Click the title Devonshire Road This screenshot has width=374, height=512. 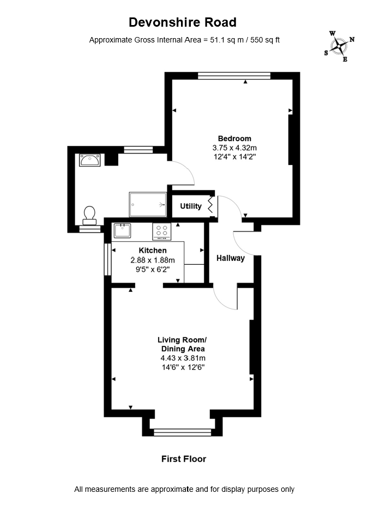click(x=183, y=22)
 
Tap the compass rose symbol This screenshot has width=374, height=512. click(x=339, y=46)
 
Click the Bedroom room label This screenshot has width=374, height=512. click(x=234, y=138)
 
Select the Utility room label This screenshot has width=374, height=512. click(x=191, y=206)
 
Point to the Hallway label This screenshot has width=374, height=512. click(x=231, y=258)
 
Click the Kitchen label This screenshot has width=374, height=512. click(x=153, y=251)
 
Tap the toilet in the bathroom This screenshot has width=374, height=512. click(x=89, y=216)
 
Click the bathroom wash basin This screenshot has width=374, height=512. click(x=89, y=160)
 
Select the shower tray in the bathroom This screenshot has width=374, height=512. click(x=148, y=204)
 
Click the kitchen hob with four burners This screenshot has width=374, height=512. click(x=161, y=231)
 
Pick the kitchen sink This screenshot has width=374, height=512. click(x=122, y=230)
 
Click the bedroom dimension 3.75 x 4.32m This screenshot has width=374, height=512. click(x=234, y=148)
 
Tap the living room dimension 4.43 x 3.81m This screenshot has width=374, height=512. click(x=183, y=358)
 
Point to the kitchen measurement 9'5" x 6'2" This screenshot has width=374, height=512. click(x=153, y=270)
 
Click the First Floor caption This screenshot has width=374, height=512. click(x=184, y=459)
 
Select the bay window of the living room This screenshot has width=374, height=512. click(x=183, y=432)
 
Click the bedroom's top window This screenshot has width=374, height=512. click(x=234, y=76)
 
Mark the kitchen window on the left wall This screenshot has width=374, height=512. click(x=107, y=259)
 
